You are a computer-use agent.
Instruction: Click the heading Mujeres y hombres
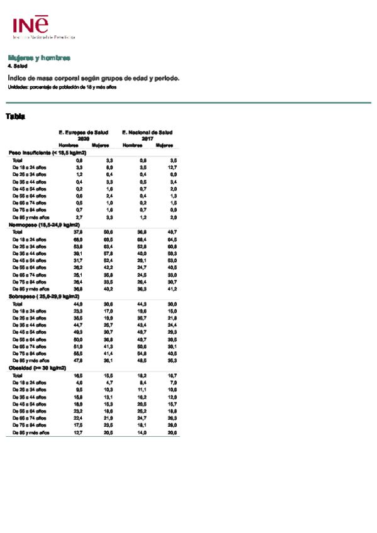(38, 58)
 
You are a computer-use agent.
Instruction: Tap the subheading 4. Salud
(18, 65)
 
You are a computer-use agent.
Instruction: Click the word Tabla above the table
(15, 116)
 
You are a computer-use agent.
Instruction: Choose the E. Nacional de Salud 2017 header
(147, 135)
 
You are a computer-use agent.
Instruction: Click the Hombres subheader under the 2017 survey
(132, 146)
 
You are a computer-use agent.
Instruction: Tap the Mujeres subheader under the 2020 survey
(101, 146)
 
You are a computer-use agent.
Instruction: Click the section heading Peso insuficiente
(47, 153)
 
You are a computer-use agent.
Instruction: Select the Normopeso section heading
(44, 224)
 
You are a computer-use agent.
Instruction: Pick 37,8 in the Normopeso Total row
(80, 232)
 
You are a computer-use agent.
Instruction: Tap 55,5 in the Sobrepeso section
(79, 354)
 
